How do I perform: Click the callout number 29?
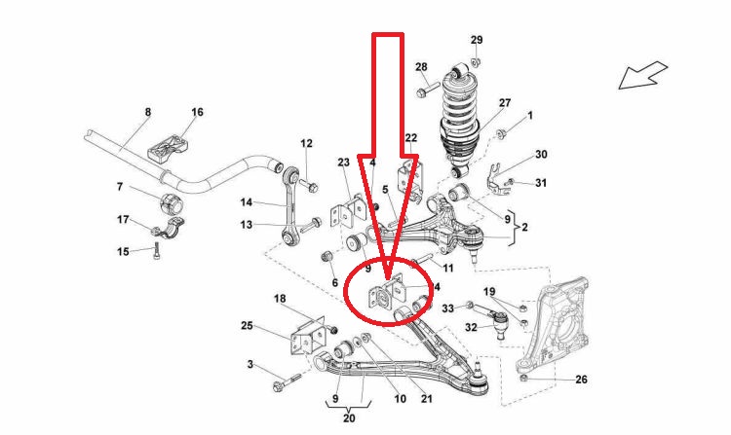pyautogui.click(x=477, y=40)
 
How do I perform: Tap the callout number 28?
pyautogui.click(x=421, y=67)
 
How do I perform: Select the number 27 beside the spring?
pyautogui.click(x=505, y=103)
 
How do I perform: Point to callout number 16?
pyautogui.click(x=197, y=113)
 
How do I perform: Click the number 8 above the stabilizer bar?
pyautogui.click(x=148, y=113)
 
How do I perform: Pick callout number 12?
pyautogui.click(x=306, y=144)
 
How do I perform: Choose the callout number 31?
pyautogui.click(x=542, y=183)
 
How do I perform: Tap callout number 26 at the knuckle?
pyautogui.click(x=581, y=379)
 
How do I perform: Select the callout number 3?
pyautogui.click(x=250, y=364)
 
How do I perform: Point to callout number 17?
pyautogui.click(x=123, y=219)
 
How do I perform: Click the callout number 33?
pyautogui.click(x=448, y=308)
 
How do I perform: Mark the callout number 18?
pyautogui.click(x=280, y=298)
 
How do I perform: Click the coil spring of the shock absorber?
pyautogui.click(x=463, y=112)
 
